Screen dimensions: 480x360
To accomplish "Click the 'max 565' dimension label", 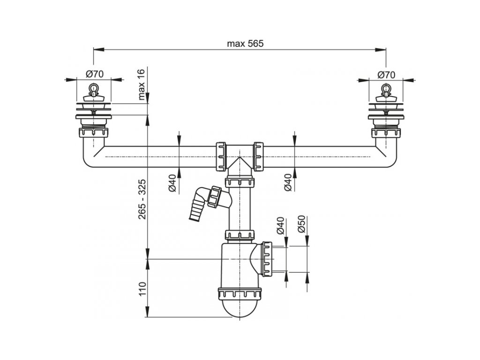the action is [x=245, y=44].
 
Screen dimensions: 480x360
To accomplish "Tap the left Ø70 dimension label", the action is [x=95, y=74].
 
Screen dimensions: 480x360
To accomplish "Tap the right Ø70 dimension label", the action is [x=386, y=75].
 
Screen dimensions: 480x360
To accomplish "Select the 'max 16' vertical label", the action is [x=142, y=85].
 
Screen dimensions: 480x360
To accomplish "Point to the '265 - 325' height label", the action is [x=142, y=199].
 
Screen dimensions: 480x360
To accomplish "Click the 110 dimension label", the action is [x=142, y=289].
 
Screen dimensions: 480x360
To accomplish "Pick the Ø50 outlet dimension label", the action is [x=301, y=224].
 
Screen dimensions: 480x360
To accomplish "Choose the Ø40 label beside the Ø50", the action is [x=281, y=226].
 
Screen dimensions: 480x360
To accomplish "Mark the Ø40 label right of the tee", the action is [x=288, y=183].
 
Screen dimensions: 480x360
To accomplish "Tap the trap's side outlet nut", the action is [x=267, y=259].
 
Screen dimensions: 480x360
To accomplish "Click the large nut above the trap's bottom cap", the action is [x=240, y=293].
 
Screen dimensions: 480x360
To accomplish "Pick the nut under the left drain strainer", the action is [x=94, y=133].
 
